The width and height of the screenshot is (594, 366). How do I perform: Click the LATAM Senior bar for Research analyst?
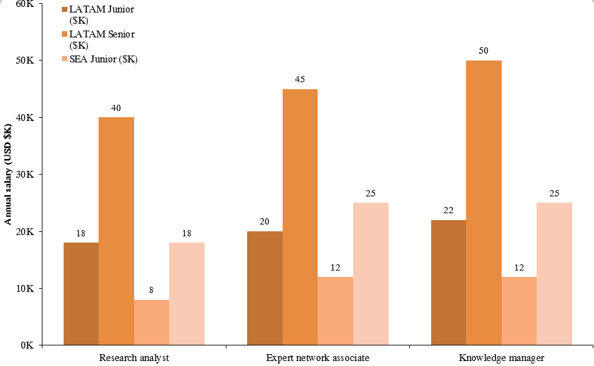(x=116, y=231)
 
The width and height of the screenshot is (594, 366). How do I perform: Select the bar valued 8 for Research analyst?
(x=152, y=322)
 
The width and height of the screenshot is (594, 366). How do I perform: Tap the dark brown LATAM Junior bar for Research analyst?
(x=81, y=293)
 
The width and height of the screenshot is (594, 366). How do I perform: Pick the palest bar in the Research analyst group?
(x=187, y=293)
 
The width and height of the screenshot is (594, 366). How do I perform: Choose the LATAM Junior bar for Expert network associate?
(x=265, y=287)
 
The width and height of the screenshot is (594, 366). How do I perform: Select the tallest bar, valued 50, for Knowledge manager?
(x=484, y=203)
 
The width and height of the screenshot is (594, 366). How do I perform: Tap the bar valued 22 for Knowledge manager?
(x=449, y=282)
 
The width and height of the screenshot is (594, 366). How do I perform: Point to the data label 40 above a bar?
(x=116, y=108)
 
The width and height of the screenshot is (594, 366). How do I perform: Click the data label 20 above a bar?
(x=265, y=222)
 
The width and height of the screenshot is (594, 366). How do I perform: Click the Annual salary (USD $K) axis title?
(x=8, y=175)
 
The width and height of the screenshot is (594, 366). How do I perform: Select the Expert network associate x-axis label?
(x=318, y=358)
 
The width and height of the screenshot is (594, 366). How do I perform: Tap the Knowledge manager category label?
(x=501, y=358)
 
